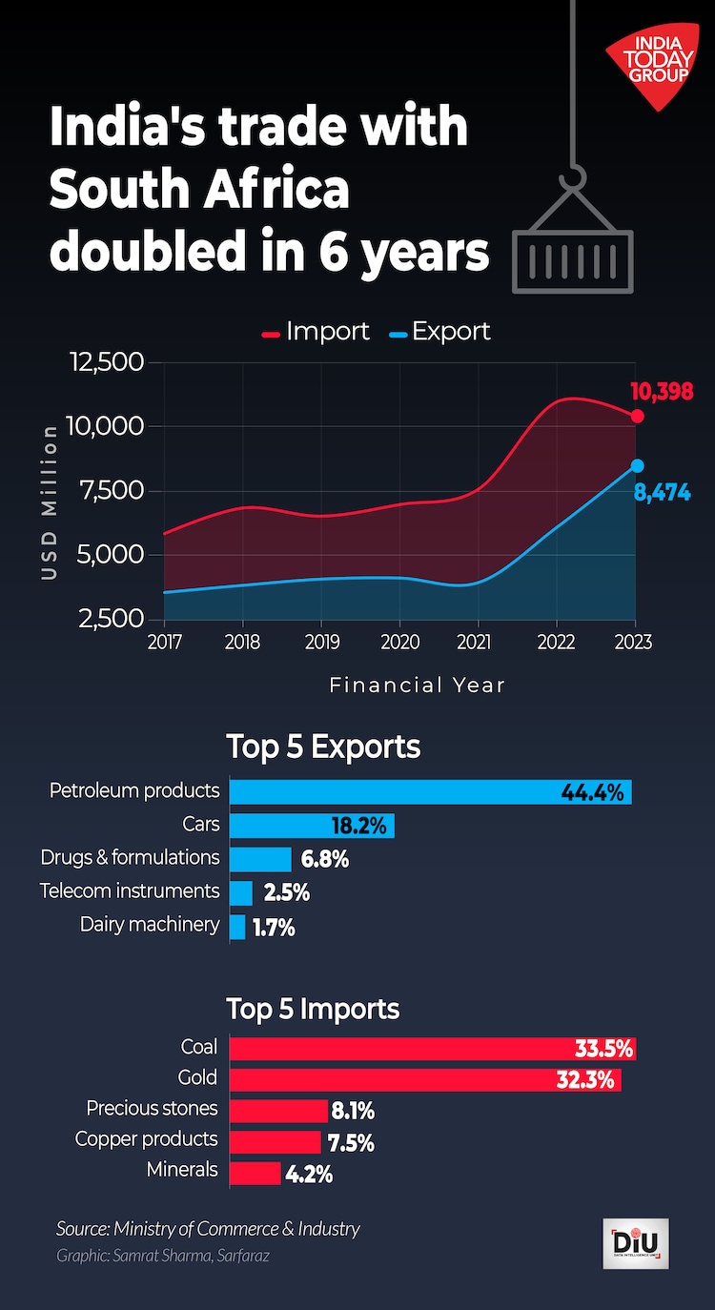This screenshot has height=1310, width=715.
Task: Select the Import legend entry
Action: click(316, 332)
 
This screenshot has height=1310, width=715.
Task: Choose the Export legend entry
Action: click(439, 332)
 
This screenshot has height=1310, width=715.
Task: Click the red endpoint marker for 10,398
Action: click(637, 416)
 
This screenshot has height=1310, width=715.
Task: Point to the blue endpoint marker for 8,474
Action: click(637, 465)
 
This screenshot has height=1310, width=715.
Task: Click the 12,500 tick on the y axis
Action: click(105, 362)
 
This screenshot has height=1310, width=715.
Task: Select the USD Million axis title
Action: click(50, 501)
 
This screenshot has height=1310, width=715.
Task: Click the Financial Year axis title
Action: click(418, 685)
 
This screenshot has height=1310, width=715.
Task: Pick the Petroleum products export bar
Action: click(430, 791)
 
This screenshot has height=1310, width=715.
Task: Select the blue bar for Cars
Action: click(312, 825)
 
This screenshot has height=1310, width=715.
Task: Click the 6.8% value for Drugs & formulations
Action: click(325, 859)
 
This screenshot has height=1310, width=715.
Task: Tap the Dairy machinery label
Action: click(150, 924)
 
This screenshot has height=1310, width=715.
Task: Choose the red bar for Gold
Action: click(425, 1079)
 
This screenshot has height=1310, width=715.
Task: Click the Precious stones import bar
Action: click(278, 1111)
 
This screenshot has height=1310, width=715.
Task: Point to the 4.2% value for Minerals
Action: click(310, 1174)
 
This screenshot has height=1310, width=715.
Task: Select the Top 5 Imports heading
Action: click(313, 1008)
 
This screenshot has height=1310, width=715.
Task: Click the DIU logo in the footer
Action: click(636, 1243)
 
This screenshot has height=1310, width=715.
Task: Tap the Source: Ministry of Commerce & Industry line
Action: click(208, 1228)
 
